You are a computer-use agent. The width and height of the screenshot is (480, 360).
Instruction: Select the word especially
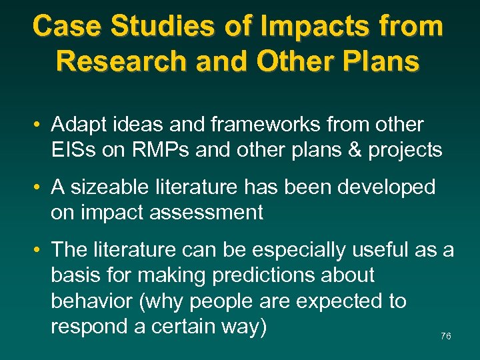tap(305, 250)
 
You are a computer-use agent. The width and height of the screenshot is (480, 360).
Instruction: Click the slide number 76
tap(446, 337)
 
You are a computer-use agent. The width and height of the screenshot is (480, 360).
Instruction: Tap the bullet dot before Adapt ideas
tap(41, 125)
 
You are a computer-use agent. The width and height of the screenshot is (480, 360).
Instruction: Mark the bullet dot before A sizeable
tap(41, 188)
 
